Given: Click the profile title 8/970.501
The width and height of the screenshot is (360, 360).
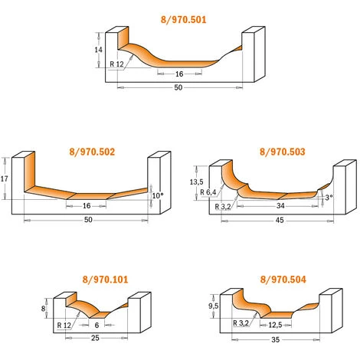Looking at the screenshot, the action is [x=183, y=20].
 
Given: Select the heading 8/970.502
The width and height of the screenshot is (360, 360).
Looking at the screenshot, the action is [x=92, y=152].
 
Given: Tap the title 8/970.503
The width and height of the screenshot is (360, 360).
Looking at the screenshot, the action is [x=283, y=152].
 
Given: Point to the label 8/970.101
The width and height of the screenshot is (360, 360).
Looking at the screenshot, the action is [x=105, y=280].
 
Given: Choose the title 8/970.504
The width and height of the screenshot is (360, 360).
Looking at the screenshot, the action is [x=283, y=280].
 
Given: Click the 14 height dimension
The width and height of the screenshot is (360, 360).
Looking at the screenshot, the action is [x=98, y=50].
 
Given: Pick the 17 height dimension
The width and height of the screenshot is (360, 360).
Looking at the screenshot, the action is [x=5, y=179].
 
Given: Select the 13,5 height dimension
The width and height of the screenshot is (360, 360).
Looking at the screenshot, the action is [x=196, y=182].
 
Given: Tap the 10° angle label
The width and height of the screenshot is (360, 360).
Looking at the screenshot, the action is [x=158, y=196].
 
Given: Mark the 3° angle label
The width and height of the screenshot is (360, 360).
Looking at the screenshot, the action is [x=329, y=198].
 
